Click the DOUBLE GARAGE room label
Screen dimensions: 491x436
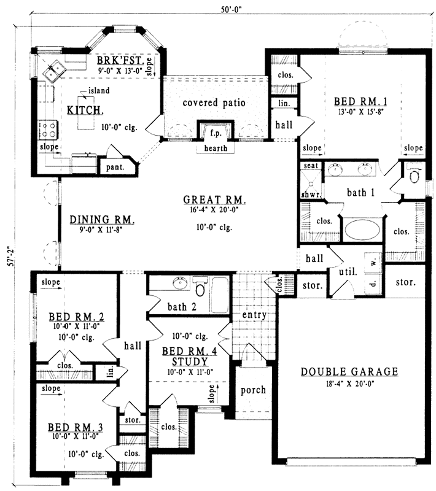(x=350, y=371)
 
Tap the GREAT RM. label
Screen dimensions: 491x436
(x=214, y=200)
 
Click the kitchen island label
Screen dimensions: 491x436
(x=98, y=91)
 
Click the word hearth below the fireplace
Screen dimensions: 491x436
(x=212, y=148)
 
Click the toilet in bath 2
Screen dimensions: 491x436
(x=200, y=288)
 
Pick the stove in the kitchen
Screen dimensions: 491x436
(x=48, y=130)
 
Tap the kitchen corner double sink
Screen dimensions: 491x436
(x=52, y=71)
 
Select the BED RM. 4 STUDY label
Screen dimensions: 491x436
(x=185, y=356)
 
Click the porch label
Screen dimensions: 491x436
(x=253, y=390)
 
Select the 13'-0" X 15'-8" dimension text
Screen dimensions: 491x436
(x=360, y=112)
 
